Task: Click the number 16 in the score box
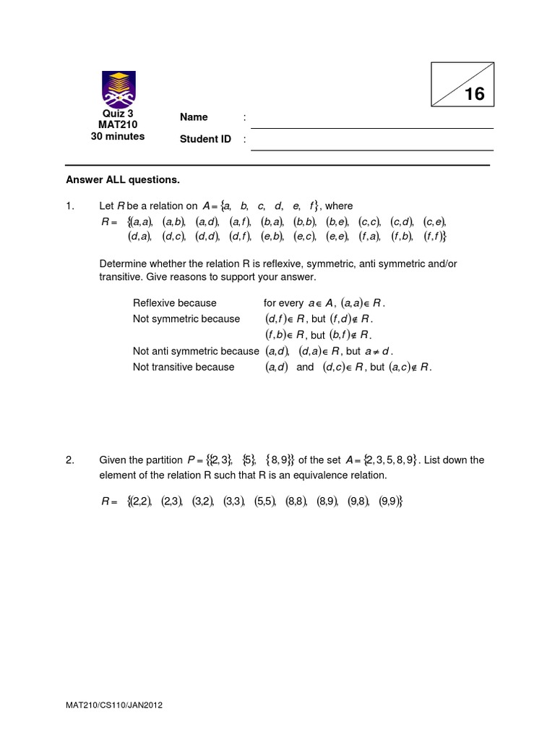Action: point(474,95)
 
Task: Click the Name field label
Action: point(194,117)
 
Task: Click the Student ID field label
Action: point(205,139)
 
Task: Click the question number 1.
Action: point(70,206)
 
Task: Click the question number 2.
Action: point(70,460)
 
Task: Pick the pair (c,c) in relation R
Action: point(369,221)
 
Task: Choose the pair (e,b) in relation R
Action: point(272,236)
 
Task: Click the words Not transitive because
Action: point(184,367)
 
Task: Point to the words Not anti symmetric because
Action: point(195,351)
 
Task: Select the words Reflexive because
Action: point(175,302)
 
